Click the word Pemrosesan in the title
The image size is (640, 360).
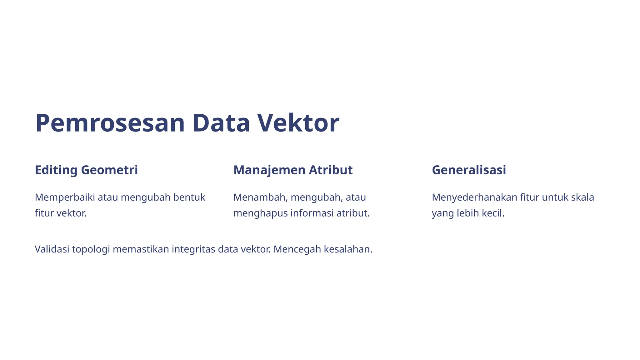pos(110,123)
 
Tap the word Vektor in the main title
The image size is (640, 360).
pos(298,123)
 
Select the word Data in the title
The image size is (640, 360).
pos(221,123)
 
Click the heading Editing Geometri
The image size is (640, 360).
pos(86,170)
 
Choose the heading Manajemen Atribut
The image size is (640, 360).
pos(293,170)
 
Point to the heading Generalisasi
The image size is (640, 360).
pos(469,170)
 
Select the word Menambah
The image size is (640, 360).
pos(260,197)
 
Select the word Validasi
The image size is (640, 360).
pos(52,249)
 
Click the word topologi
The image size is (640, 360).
pos(91,250)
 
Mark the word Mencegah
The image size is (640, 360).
pos(297,250)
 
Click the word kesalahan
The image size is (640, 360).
pos(348,249)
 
